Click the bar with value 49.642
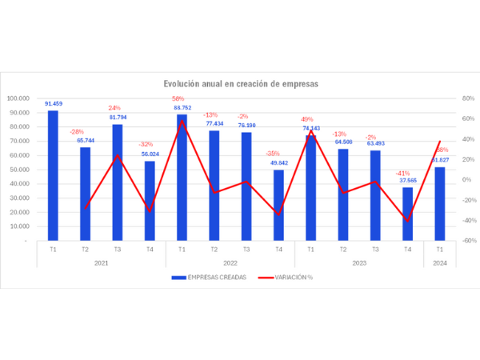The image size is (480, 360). [x=278, y=205]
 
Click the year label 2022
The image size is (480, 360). [x=230, y=262]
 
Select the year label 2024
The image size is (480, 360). [x=439, y=262]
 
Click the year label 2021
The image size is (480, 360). [x=101, y=262]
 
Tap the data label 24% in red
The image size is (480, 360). [x=114, y=108]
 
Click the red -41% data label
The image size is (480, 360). [x=402, y=174]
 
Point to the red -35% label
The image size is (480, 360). [x=273, y=154]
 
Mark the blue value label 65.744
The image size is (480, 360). [x=86, y=140]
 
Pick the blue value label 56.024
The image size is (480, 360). [x=150, y=154]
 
